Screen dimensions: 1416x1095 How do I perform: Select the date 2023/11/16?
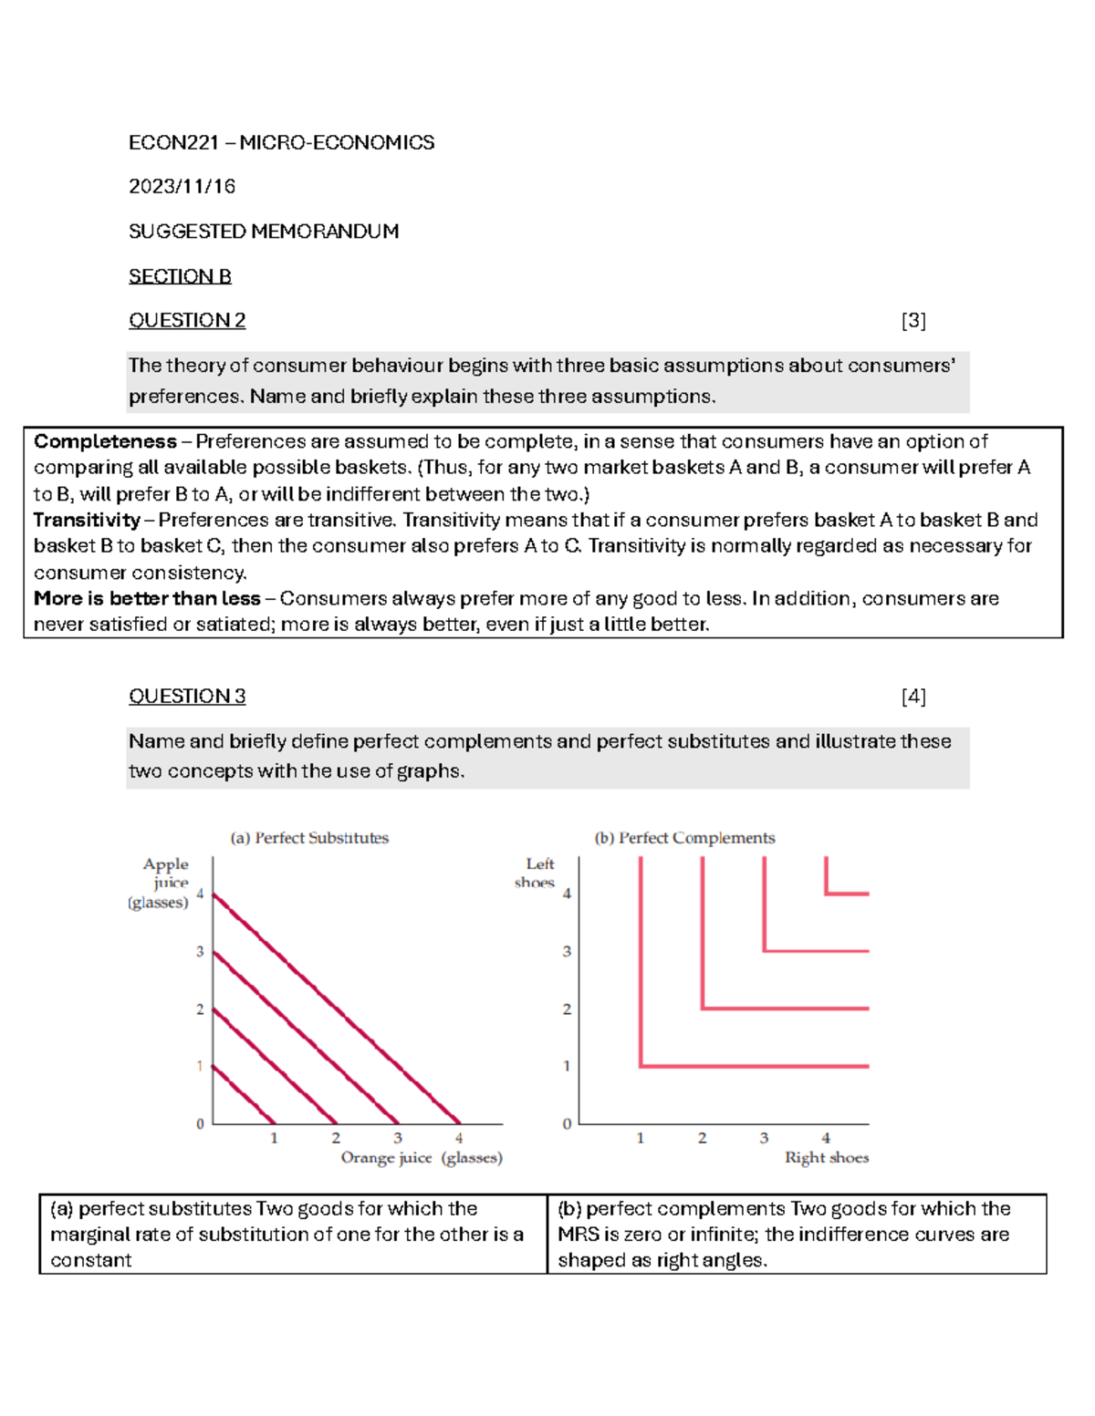point(182,187)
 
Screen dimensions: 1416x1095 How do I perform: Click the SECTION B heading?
point(180,276)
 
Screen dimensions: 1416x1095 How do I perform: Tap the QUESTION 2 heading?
point(187,321)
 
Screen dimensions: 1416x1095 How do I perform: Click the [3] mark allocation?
point(912,321)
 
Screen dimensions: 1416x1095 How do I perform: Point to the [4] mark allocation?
point(912,697)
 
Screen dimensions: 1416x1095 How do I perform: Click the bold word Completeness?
point(105,442)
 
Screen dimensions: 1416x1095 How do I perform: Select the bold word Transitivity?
point(87,521)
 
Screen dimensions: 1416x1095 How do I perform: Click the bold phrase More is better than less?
point(147,599)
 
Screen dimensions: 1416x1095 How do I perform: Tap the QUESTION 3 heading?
point(187,697)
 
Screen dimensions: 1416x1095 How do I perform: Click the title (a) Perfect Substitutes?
point(309,838)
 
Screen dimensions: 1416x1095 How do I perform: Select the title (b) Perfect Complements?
point(684,838)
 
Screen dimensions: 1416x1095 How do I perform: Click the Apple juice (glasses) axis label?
point(162,883)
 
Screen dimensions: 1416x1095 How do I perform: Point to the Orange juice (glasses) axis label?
point(422,1158)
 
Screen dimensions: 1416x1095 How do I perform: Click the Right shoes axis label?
point(827,1158)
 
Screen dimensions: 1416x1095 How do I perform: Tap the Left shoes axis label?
point(537,873)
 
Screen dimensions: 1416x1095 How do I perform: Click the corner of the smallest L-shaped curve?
point(827,894)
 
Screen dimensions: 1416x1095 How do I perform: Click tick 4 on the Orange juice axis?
point(459,1138)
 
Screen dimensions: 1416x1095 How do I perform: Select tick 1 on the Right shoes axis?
point(641,1138)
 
